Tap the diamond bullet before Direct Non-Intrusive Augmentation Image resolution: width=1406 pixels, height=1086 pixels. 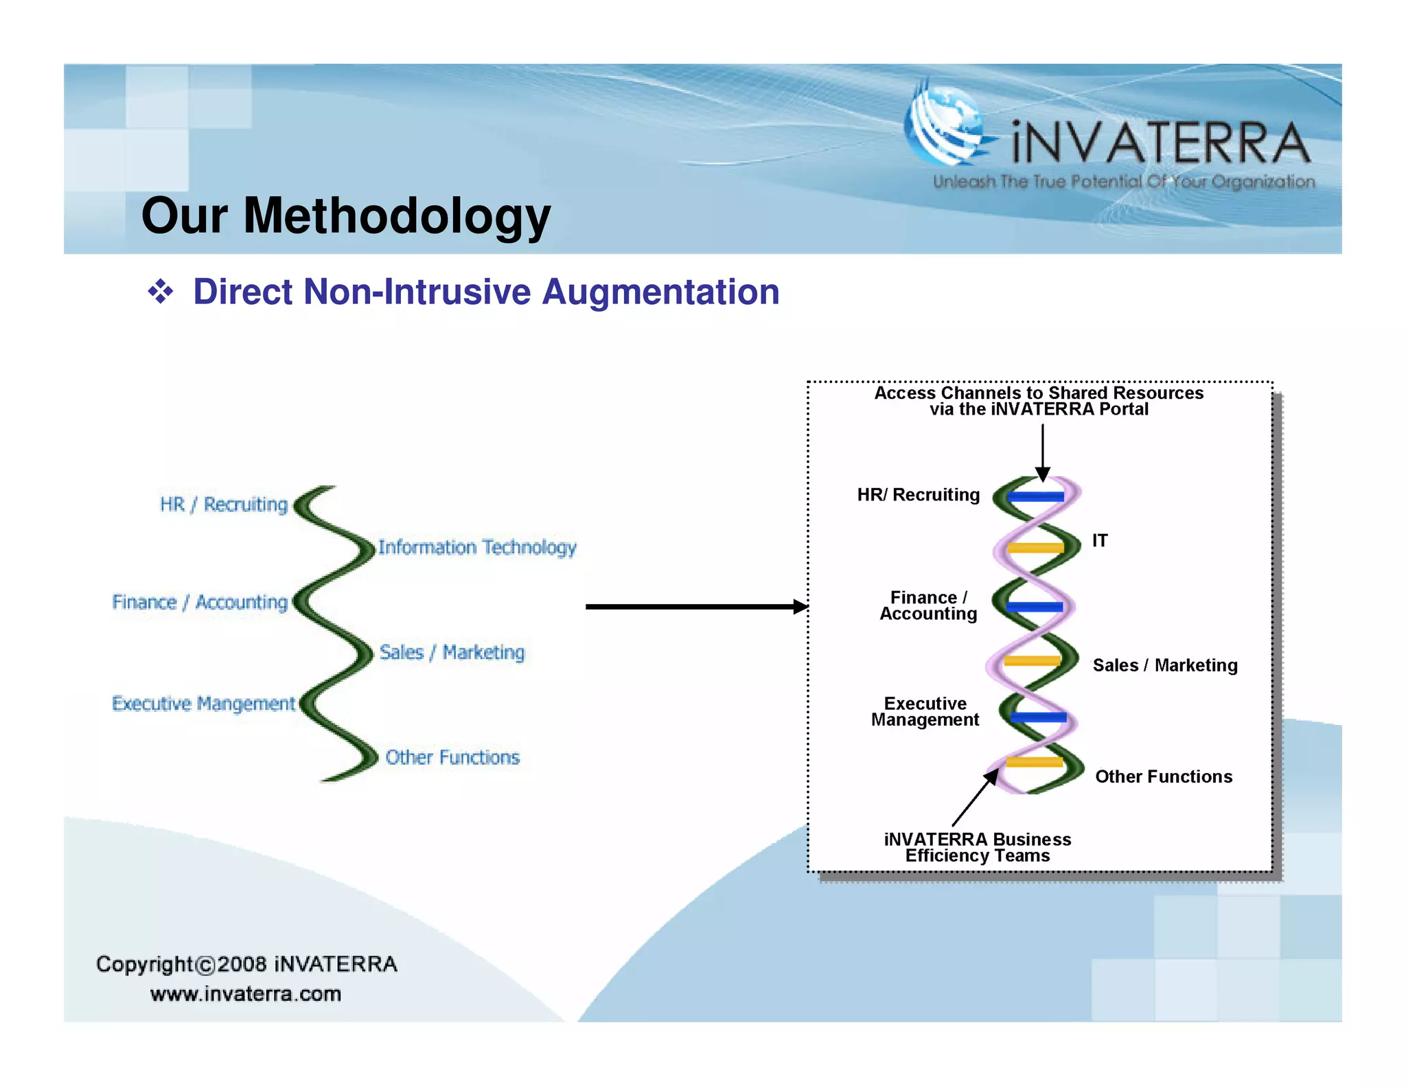161,292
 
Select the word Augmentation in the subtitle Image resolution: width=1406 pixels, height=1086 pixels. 660,292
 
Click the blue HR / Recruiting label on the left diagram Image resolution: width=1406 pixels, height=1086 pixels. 224,505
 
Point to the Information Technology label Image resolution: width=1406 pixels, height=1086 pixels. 477,547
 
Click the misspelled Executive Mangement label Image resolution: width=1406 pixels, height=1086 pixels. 203,704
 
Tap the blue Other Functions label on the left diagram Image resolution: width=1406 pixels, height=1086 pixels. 452,757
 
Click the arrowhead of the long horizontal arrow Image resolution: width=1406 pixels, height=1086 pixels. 800,606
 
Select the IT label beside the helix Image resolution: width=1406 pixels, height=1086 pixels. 1100,541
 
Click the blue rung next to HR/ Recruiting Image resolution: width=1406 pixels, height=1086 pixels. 1037,496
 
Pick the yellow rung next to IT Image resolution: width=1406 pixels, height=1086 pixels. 1037,548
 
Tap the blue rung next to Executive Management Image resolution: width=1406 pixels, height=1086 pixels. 1038,717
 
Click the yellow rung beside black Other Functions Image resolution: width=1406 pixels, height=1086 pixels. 1035,762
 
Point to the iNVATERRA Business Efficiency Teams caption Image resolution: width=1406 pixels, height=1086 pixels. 978,847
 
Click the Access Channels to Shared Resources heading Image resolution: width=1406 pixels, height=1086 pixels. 1039,393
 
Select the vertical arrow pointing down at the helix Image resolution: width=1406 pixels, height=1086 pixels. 1042,450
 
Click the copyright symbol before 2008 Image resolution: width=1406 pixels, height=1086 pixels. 206,966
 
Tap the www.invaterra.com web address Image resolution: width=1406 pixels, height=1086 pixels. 246,994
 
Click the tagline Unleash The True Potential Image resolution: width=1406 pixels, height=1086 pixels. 1124,182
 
